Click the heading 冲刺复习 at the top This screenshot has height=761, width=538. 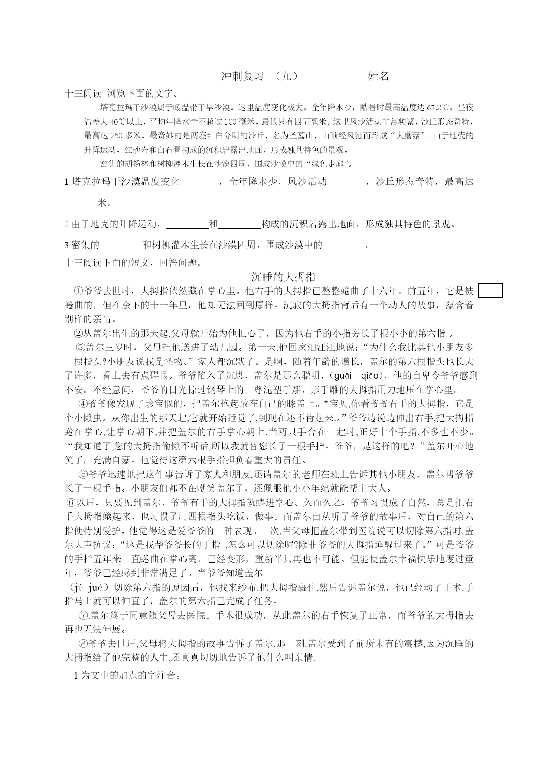pyautogui.click(x=242, y=76)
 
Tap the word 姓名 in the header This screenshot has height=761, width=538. pyautogui.click(x=378, y=76)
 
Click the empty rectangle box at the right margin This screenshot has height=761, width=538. pyautogui.click(x=491, y=291)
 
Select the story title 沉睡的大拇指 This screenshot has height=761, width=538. pyautogui.click(x=283, y=277)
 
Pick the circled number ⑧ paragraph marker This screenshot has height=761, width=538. pyautogui.click(x=83, y=643)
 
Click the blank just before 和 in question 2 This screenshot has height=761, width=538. pyautogui.click(x=187, y=225)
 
